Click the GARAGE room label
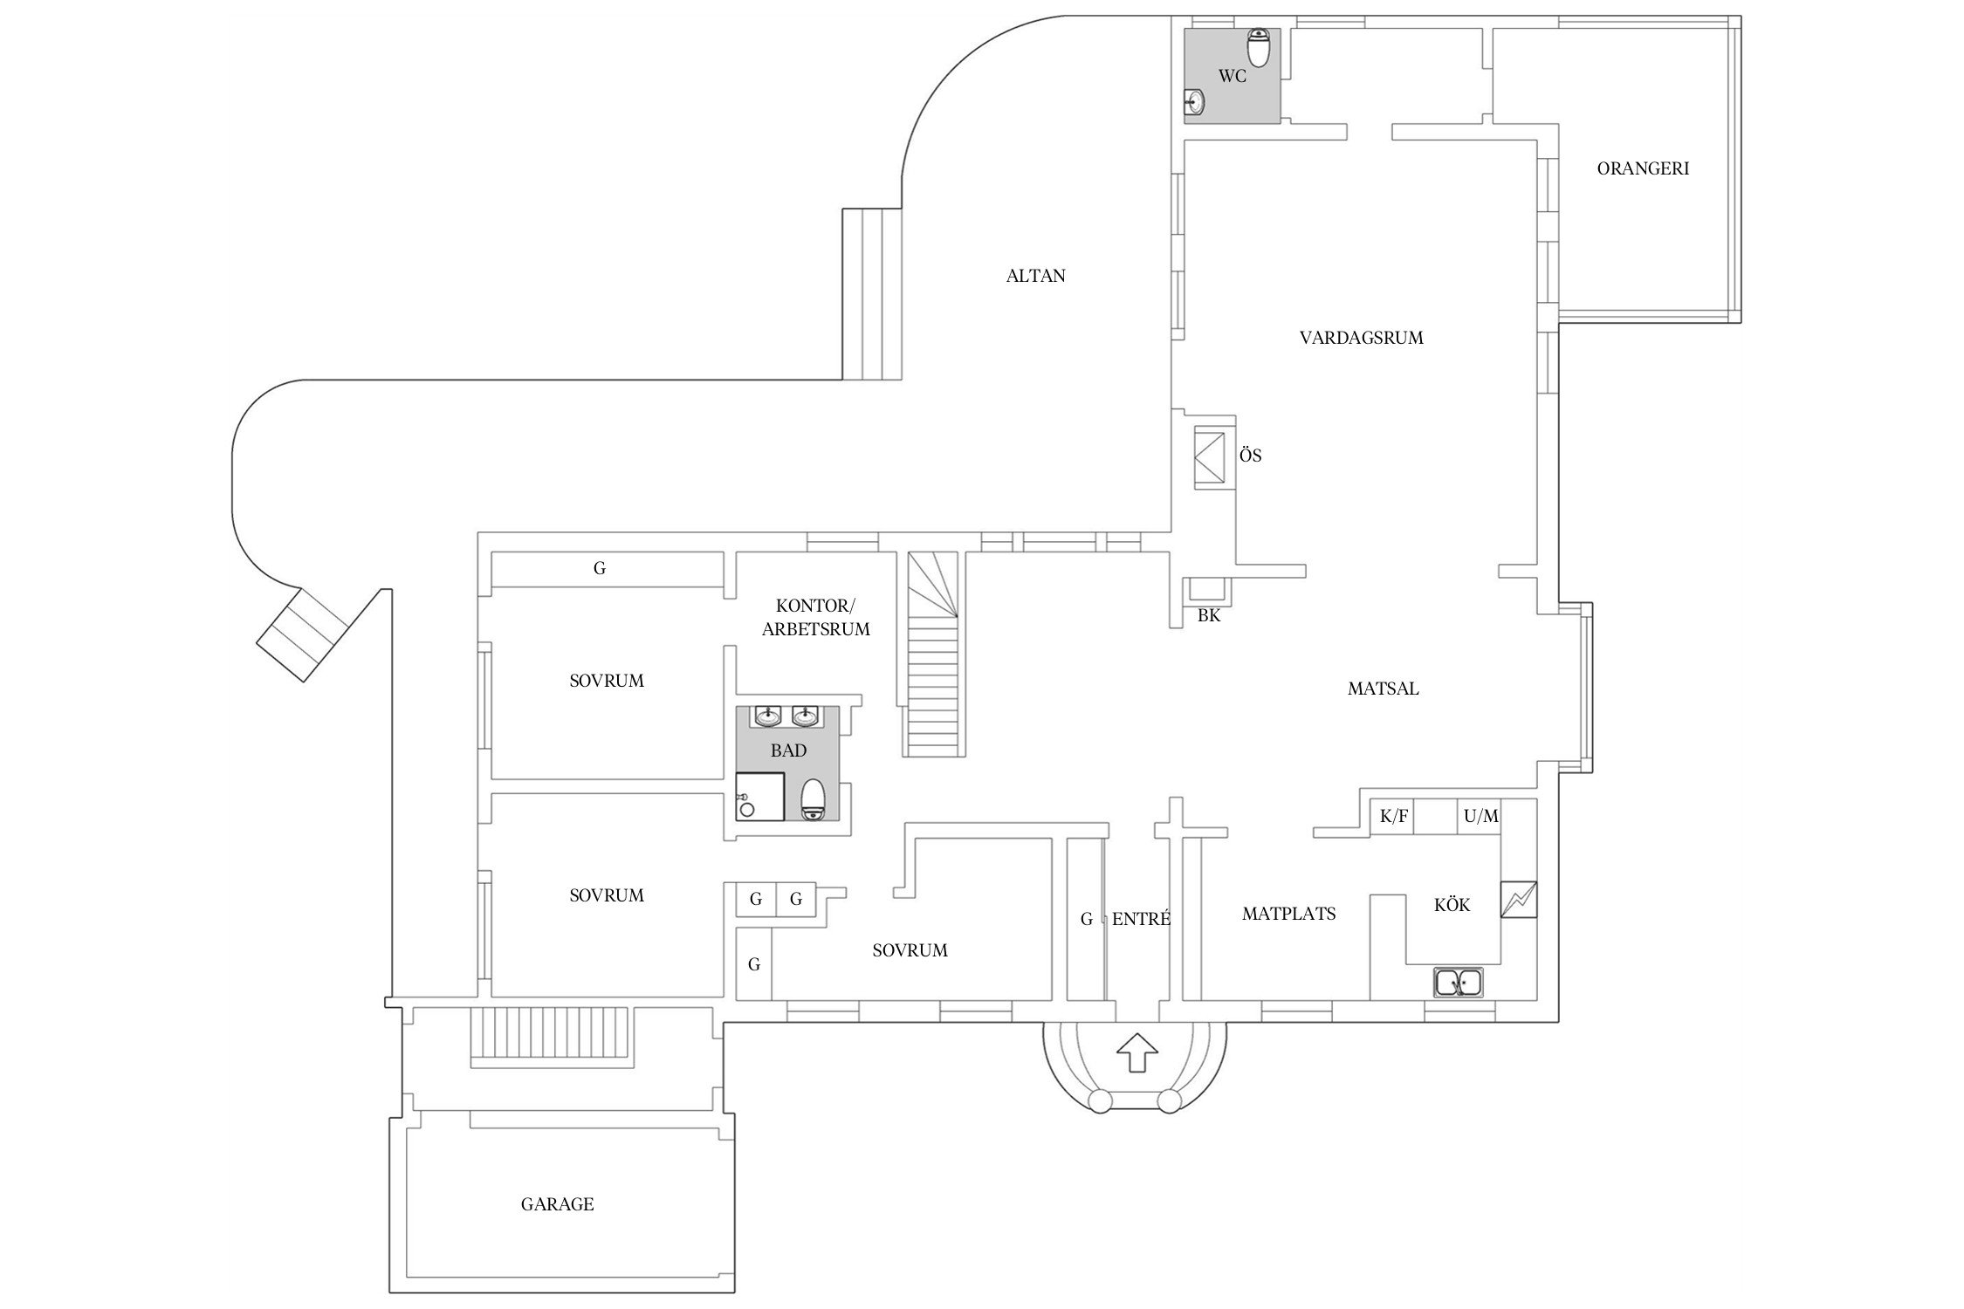tap(557, 1204)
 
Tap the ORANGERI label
tap(1643, 168)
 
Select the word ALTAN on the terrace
tap(1035, 276)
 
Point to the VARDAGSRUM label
tap(1361, 338)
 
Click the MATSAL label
tap(1383, 689)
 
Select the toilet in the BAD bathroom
tap(813, 798)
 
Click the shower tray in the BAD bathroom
tap(759, 796)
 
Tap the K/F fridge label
tap(1393, 817)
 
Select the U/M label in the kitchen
tap(1480, 817)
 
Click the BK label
tap(1208, 615)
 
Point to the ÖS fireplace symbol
tap(1209, 454)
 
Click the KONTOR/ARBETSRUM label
tap(815, 617)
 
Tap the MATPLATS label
tap(1288, 914)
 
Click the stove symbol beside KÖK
tap(1519, 900)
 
